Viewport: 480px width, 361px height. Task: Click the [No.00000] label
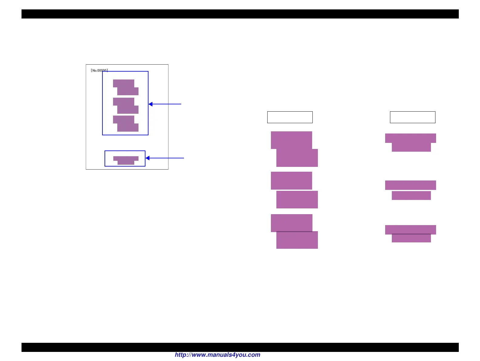point(99,70)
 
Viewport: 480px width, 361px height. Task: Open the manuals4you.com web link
point(217,355)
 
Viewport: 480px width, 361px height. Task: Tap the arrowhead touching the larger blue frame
point(151,104)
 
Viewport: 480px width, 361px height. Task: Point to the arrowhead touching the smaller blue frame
point(148,158)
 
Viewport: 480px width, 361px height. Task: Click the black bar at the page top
point(240,14)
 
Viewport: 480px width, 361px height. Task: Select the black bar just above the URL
point(240,347)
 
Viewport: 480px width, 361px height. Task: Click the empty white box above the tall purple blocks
point(290,117)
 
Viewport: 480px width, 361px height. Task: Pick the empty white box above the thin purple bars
point(412,117)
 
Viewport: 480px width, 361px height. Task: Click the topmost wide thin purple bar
point(410,138)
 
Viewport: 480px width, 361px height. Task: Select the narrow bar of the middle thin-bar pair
point(411,195)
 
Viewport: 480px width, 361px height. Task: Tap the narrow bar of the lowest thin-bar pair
point(411,238)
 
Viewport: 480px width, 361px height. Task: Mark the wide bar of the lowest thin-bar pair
point(410,229)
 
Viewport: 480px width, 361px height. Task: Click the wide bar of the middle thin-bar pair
point(410,185)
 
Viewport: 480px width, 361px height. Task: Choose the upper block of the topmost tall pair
point(291,140)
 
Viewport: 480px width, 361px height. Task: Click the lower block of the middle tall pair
point(297,200)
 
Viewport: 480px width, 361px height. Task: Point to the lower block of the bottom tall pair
point(297,240)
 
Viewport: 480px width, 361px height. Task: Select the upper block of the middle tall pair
point(291,180)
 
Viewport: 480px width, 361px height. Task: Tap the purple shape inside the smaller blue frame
point(126,160)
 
